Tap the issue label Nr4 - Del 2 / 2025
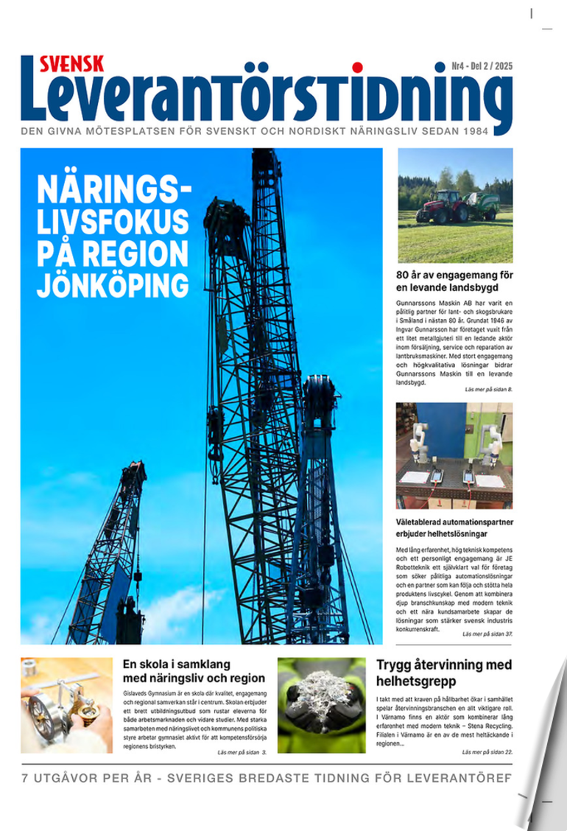pos(482,66)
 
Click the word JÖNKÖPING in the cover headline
pos(113,284)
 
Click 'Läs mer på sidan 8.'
pos(488,388)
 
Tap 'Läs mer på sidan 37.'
pos(487,634)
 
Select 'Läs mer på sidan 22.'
pos(487,752)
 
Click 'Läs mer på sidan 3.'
pos(242,752)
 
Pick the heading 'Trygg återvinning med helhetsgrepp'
pos(443,673)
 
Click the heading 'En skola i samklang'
pos(193,670)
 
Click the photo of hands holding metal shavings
pos(321,705)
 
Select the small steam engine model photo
pos(66,705)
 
